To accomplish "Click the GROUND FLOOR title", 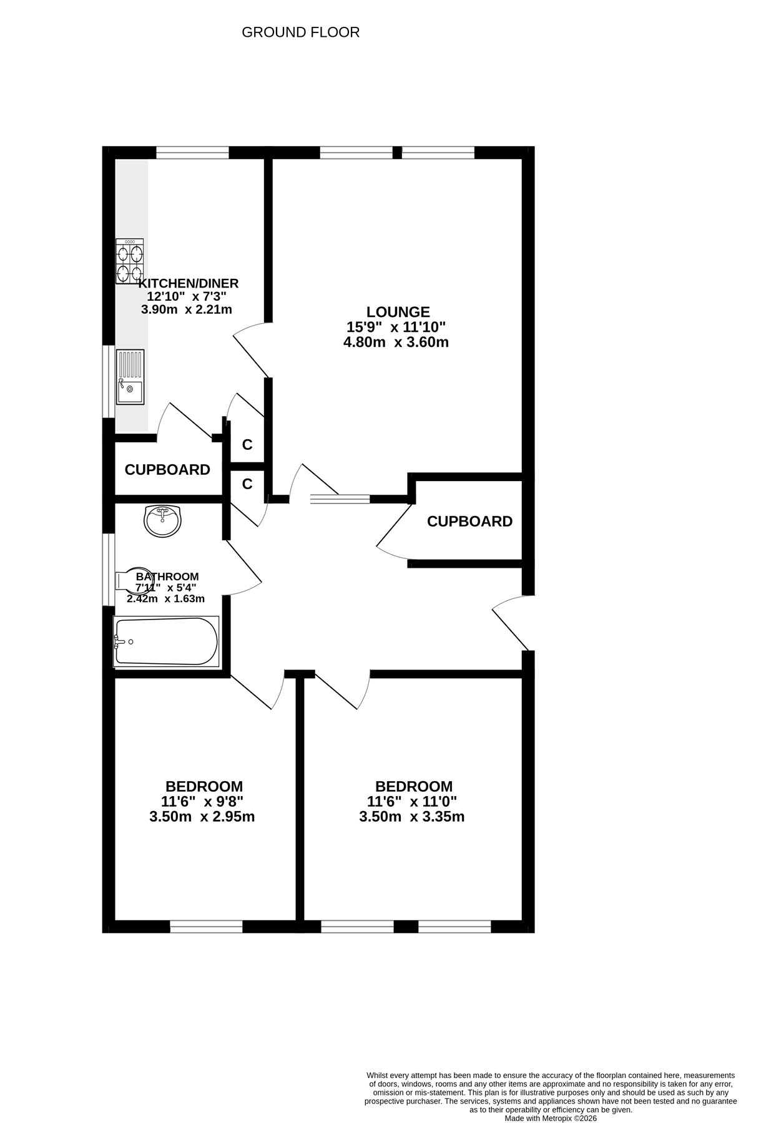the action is coord(300,32).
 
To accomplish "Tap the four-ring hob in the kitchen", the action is coord(130,261).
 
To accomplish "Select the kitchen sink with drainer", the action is coord(130,377).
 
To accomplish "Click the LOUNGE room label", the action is coord(398,312).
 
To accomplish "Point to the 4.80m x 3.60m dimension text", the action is coord(396,342).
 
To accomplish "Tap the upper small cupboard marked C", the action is coord(247,445).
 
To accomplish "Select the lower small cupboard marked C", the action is coord(247,484).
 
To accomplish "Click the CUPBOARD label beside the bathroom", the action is coord(167,470).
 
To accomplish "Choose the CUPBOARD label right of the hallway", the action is coord(469,521).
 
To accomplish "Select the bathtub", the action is coord(167,641).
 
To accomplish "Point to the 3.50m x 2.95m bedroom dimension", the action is coord(202,817).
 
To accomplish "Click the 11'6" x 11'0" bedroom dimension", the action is coord(412,802).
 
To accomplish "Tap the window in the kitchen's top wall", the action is coord(192,152).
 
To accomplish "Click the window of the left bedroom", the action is coord(206,926).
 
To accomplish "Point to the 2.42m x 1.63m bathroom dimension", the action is coord(165,599).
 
